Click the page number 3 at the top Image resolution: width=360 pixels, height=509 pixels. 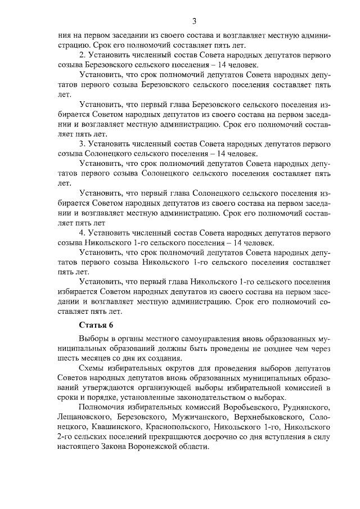click(193, 22)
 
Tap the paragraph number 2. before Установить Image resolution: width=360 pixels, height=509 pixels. click(82, 55)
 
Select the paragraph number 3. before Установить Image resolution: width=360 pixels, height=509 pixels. click(82, 144)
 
